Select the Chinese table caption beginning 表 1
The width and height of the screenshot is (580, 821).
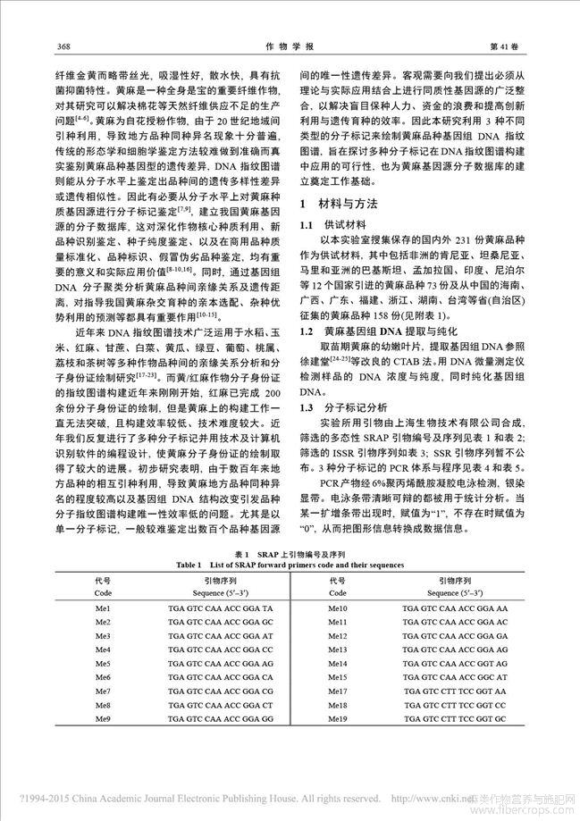290,553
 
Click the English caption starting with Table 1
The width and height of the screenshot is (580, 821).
290,565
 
